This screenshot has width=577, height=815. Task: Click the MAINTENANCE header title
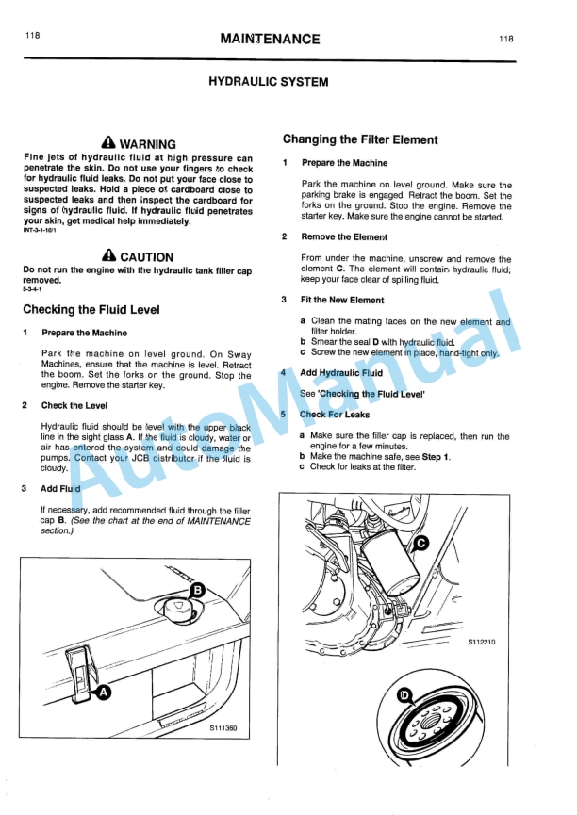(269, 39)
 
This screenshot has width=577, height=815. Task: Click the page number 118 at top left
(34, 36)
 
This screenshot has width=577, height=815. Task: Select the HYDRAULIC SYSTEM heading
(268, 82)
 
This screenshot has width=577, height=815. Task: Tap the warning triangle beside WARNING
(107, 143)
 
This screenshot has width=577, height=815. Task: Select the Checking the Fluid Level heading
(91, 310)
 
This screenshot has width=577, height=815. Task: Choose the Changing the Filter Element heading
(360, 139)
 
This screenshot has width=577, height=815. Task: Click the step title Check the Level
(74, 406)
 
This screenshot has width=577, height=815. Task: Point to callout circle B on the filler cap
(197, 590)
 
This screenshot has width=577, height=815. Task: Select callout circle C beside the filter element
(421, 543)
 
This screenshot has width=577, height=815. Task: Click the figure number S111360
(223, 728)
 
